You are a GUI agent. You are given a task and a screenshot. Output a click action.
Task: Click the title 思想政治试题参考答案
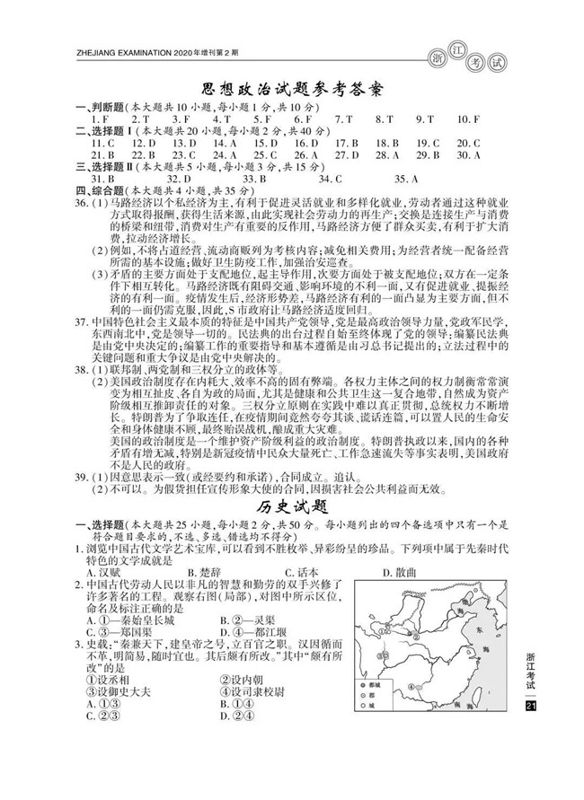coord(291,91)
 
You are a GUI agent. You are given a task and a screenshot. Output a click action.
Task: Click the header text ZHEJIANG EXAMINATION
coord(120,53)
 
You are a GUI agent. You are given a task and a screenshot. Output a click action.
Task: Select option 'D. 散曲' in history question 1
coord(396,572)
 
